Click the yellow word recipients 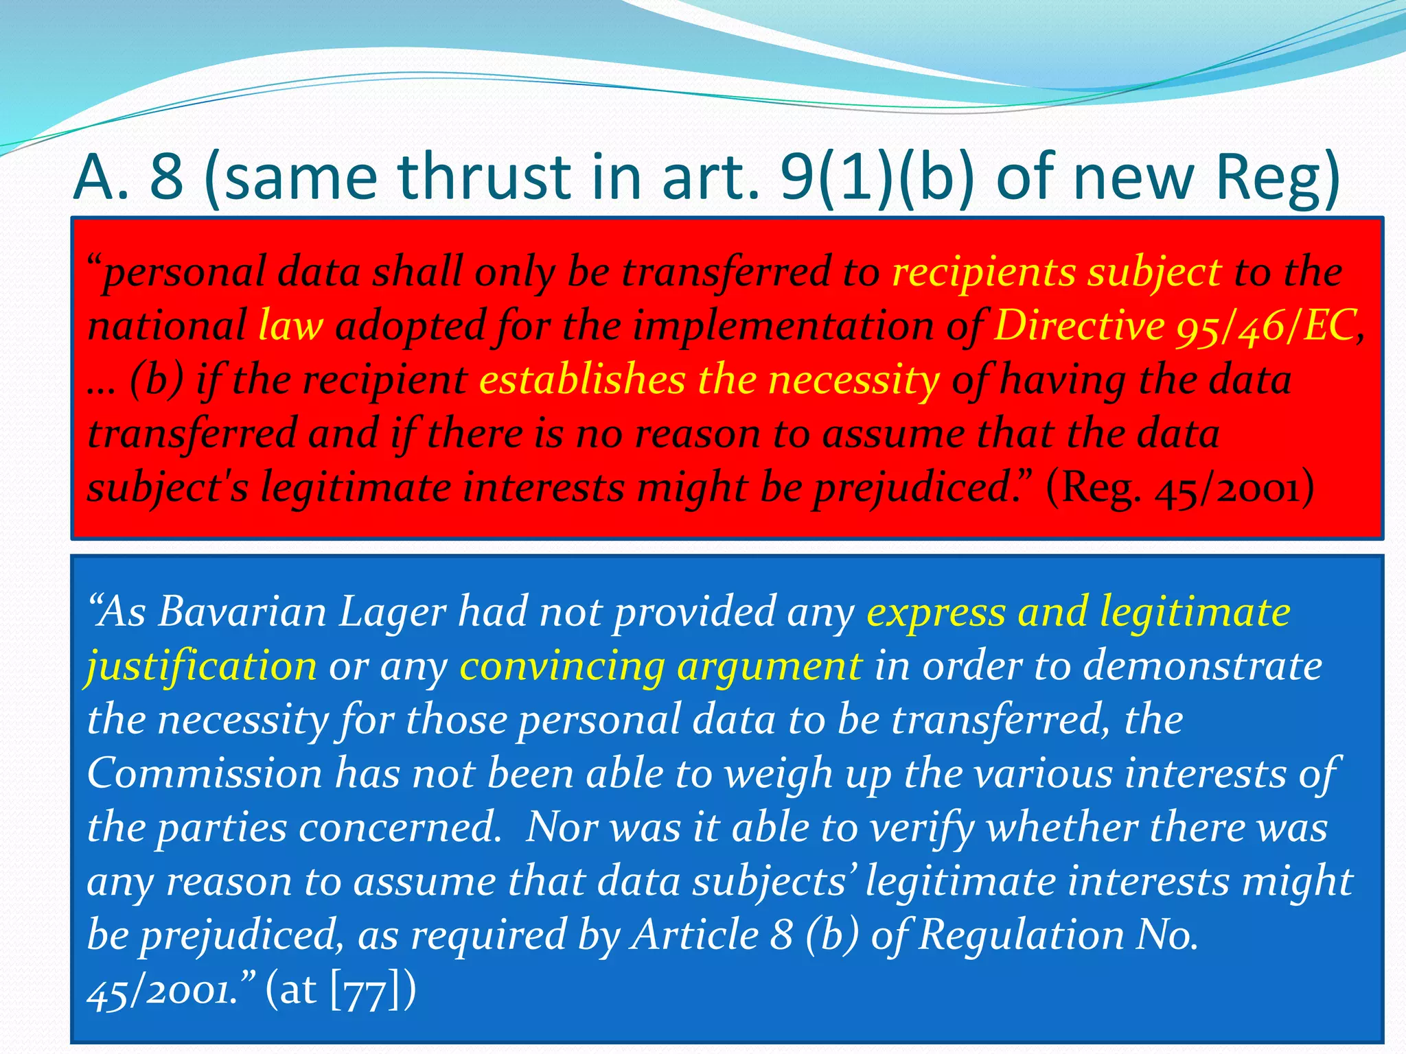pos(984,272)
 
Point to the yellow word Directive pos(1079,325)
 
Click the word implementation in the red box pos(783,325)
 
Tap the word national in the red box pos(167,325)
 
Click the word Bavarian pos(242,611)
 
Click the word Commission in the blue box pos(205,773)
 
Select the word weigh pos(779,775)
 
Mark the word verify pos(921,829)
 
